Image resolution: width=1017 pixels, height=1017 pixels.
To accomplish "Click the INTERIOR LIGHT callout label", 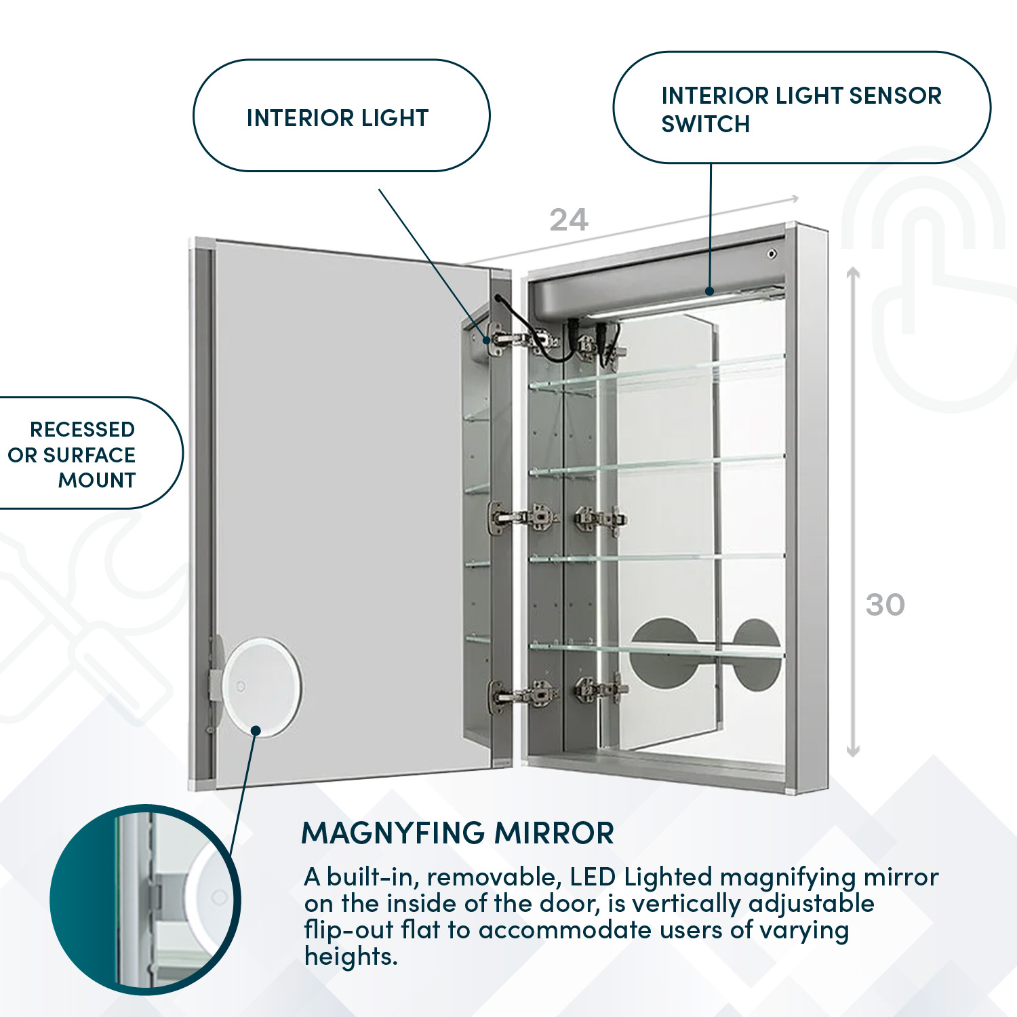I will (338, 118).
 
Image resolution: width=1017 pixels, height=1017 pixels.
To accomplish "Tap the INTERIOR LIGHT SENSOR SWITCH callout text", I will (800, 109).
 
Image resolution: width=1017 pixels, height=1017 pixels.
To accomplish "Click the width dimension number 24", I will (568, 220).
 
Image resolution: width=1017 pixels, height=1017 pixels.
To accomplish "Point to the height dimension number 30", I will (885, 605).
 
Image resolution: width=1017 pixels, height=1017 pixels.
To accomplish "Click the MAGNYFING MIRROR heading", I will (457, 833).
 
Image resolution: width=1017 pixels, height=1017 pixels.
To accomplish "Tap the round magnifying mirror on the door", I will (261, 686).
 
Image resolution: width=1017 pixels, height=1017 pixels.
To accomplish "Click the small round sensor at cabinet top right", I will (771, 254).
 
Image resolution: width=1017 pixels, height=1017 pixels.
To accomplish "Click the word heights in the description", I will (350, 957).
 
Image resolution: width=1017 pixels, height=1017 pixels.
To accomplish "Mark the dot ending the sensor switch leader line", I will (710, 292).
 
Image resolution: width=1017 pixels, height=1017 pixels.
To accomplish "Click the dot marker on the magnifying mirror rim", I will (256, 730).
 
